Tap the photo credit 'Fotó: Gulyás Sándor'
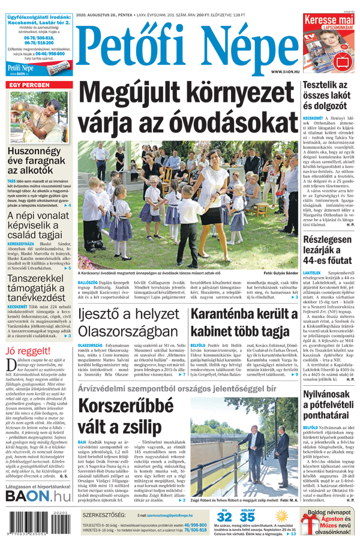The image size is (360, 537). tap(280, 274)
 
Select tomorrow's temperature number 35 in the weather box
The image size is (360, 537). tap(247, 517)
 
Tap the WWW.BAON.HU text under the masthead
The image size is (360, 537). tap(284, 71)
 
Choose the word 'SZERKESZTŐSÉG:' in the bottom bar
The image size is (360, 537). tap(106, 514)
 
